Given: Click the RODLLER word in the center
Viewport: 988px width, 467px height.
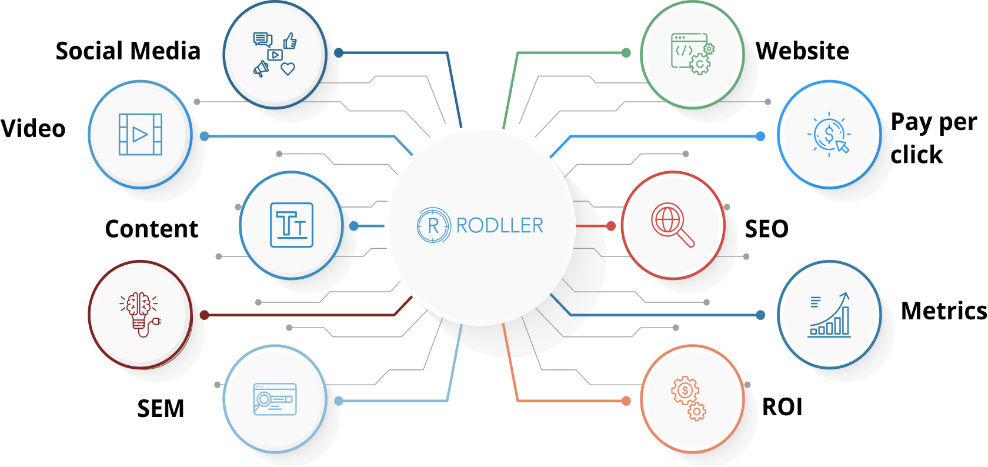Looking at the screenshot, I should pyautogui.click(x=499, y=225).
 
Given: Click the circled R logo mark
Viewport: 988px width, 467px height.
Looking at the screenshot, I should pyautogui.click(x=433, y=225).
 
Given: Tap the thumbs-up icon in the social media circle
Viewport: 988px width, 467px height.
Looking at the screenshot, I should pyautogui.click(x=290, y=41).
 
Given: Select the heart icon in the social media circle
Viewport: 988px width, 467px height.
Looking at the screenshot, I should pyautogui.click(x=288, y=69).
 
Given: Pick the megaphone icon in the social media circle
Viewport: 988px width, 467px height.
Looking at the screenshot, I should pyautogui.click(x=261, y=69).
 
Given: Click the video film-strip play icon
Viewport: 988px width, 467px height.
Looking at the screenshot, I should pyautogui.click(x=140, y=135).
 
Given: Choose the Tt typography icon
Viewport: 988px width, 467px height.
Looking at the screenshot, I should pyautogui.click(x=292, y=225).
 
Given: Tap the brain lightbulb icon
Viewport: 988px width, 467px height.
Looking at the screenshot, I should pyautogui.click(x=141, y=313).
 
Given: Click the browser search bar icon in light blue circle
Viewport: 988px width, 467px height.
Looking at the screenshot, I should pyautogui.click(x=275, y=399).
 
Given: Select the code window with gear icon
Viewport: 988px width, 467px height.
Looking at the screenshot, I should pyautogui.click(x=692, y=54).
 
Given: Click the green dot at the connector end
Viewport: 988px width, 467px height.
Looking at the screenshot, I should pyautogui.click(x=626, y=53).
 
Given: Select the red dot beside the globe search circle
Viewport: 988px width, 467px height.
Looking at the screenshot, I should pyautogui.click(x=611, y=226).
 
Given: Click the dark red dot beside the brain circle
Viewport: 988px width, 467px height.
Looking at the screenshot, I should pyautogui.click(x=204, y=315).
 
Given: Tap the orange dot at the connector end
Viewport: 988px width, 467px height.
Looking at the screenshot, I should pyautogui.click(x=626, y=401).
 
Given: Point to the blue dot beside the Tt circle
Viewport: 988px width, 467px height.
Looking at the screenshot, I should pyautogui.click(x=353, y=226).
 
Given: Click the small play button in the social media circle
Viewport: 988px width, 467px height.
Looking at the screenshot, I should pyautogui.click(x=275, y=55).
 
